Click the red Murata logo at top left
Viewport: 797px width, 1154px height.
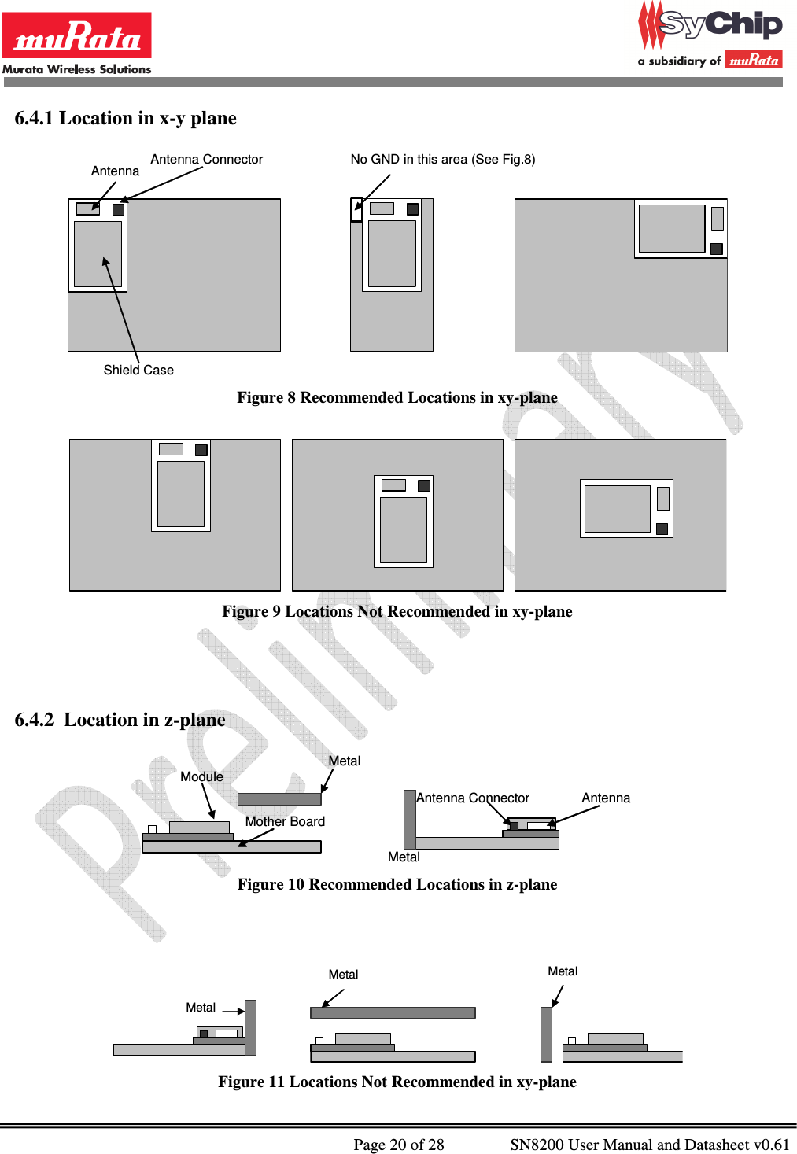point(76,35)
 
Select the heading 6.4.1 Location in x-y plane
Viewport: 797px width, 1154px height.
point(125,118)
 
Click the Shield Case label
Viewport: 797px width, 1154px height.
point(138,370)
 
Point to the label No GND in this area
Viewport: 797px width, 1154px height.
point(442,159)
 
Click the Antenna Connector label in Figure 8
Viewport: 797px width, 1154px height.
point(206,159)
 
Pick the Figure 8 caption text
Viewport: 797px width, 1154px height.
point(397,397)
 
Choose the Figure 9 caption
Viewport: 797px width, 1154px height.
point(397,611)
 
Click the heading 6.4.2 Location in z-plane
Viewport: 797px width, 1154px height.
point(120,720)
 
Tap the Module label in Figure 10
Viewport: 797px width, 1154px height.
point(201,776)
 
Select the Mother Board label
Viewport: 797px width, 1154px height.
point(285,821)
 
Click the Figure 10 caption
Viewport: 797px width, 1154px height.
point(397,884)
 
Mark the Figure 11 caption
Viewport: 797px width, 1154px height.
point(397,1082)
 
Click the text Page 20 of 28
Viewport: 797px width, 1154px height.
point(399,1144)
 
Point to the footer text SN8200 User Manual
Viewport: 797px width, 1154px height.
point(649,1144)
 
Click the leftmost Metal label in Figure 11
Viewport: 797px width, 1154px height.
point(201,1007)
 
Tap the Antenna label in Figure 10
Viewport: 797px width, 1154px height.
point(606,798)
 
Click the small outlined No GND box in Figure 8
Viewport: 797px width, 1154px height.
point(356,210)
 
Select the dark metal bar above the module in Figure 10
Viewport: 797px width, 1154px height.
point(279,799)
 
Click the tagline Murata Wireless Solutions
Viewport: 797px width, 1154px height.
point(76,69)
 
